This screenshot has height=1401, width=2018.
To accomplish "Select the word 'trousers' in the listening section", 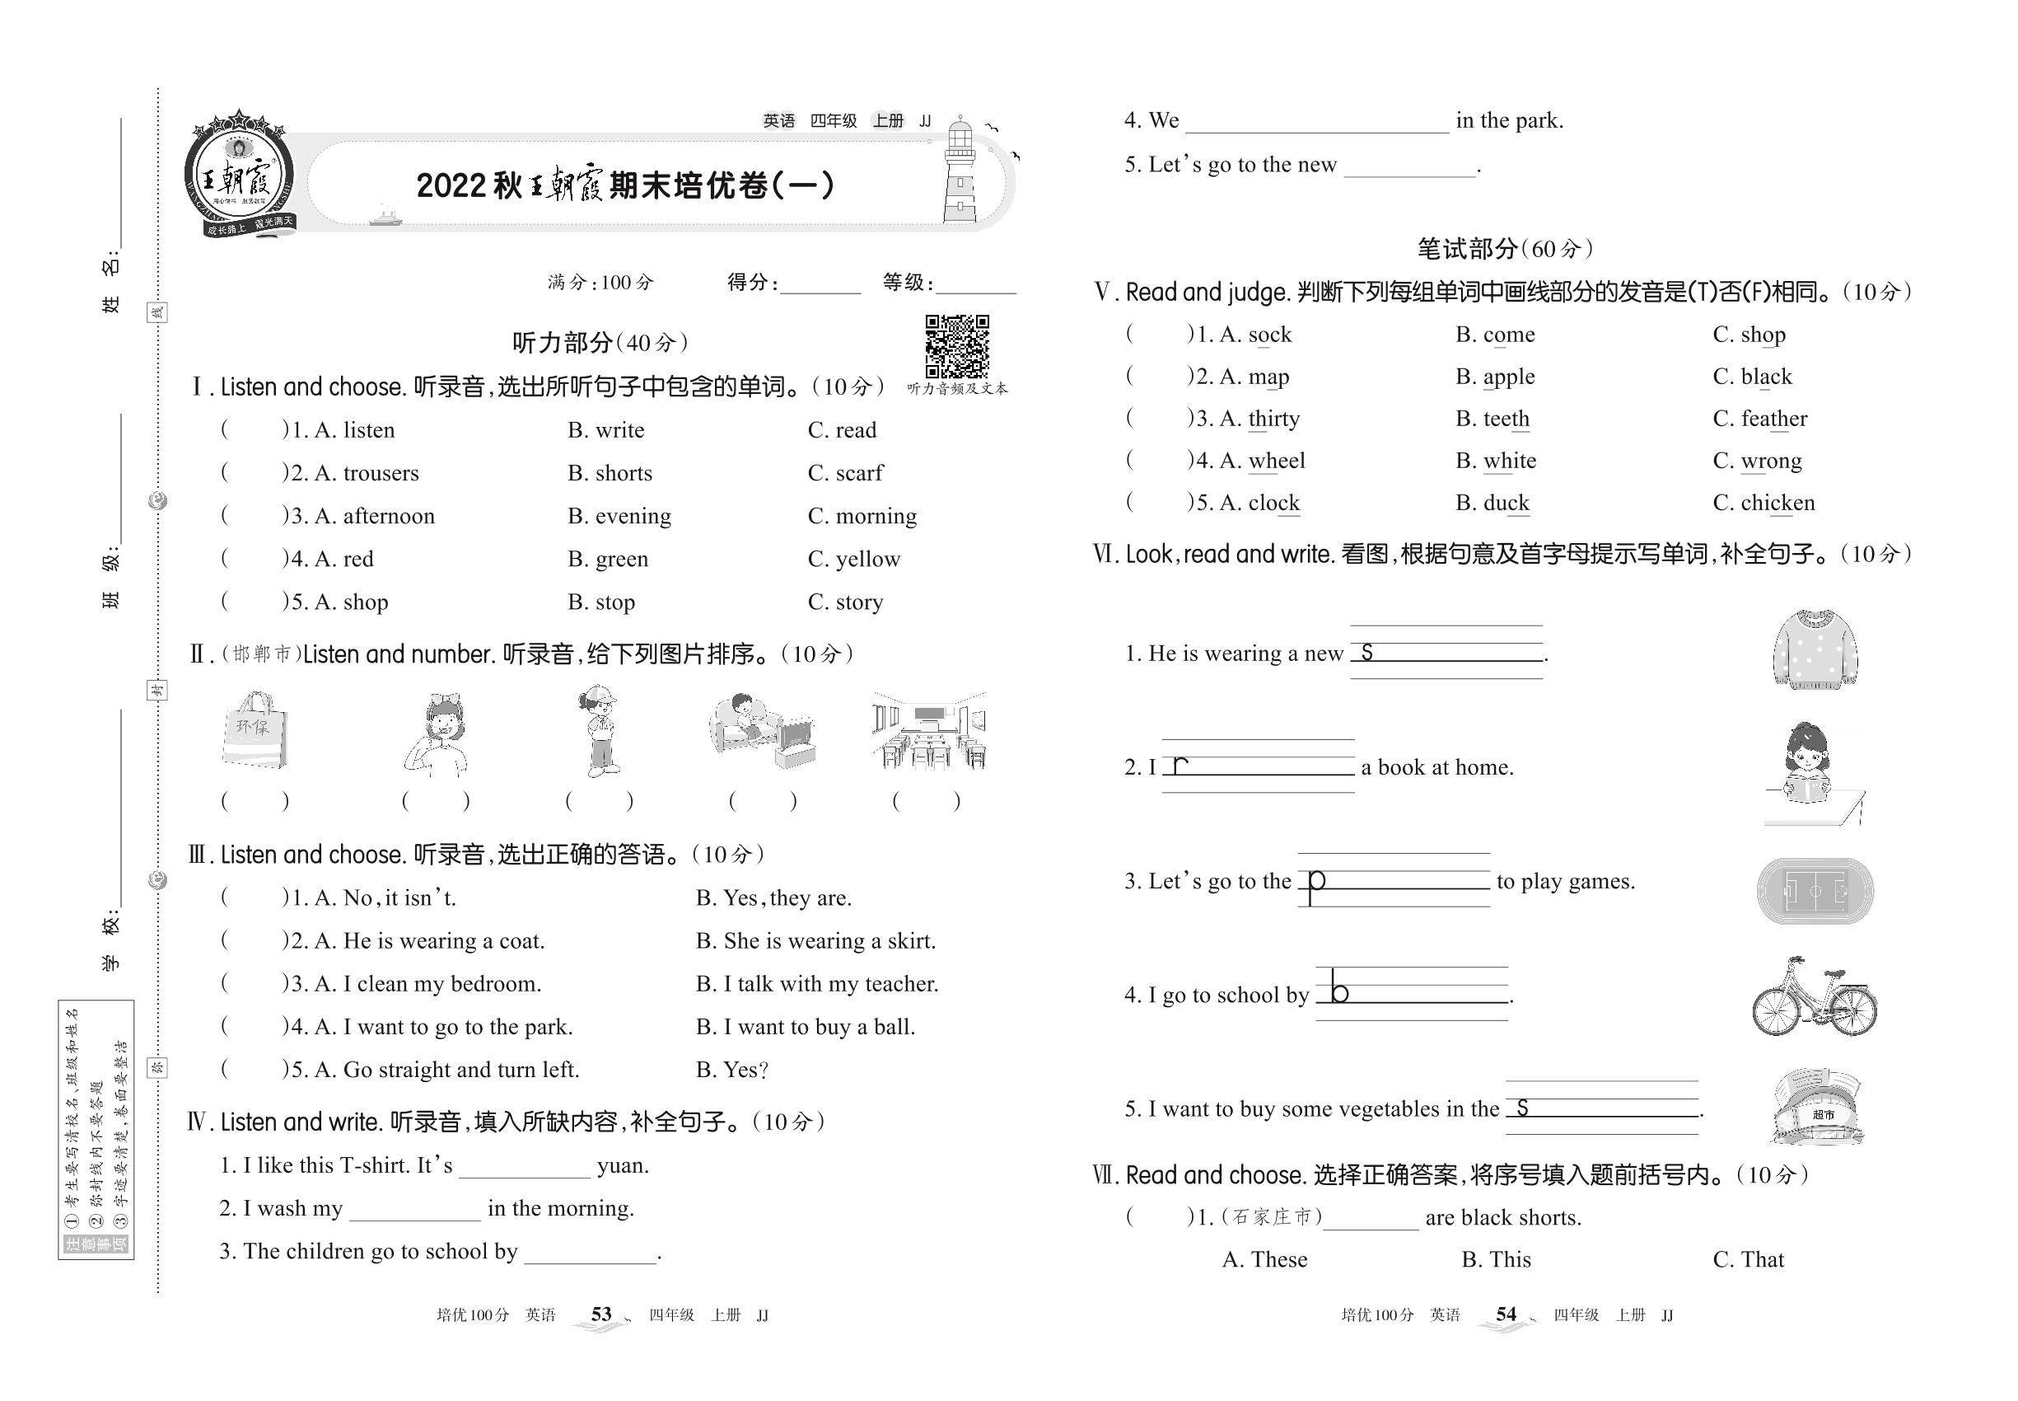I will click(x=380, y=473).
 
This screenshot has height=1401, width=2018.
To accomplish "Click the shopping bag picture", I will click(x=255, y=729).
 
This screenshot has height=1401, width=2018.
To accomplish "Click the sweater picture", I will click(x=1815, y=650).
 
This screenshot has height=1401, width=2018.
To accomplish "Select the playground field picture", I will click(x=1815, y=891).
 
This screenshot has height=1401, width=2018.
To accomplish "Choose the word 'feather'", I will click(x=1773, y=419).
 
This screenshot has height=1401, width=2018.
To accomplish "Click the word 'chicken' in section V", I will click(x=1777, y=503).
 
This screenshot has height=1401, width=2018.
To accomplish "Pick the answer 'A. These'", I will click(x=1264, y=1260).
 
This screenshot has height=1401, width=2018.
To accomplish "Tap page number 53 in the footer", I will click(x=601, y=1314).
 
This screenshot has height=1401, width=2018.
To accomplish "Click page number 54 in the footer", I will click(x=1506, y=1314).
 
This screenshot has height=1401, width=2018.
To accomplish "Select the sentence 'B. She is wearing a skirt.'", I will click(x=815, y=941).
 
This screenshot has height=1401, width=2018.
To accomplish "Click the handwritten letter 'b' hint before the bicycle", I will click(x=1338, y=991).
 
